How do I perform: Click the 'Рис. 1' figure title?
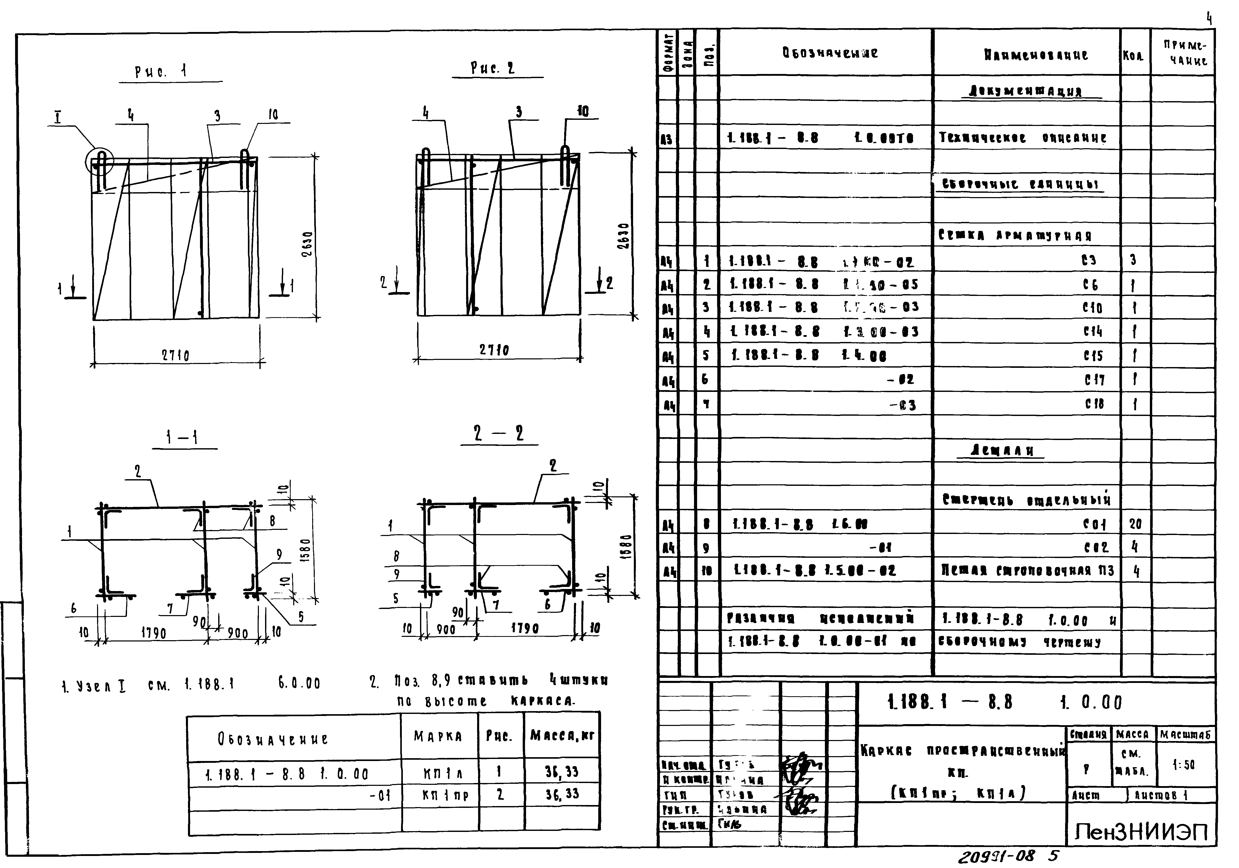tap(161, 71)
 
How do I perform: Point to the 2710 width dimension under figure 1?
tap(175, 356)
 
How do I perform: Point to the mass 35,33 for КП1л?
tap(561, 772)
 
